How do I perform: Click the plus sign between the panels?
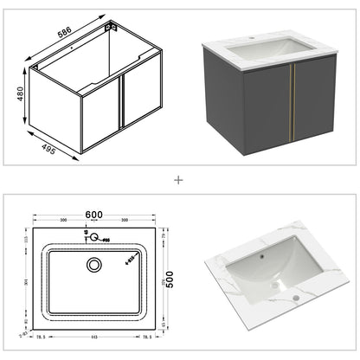(x=179, y=181)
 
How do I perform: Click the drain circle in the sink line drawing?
(x=94, y=264)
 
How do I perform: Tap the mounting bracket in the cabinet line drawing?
(x=110, y=28)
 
